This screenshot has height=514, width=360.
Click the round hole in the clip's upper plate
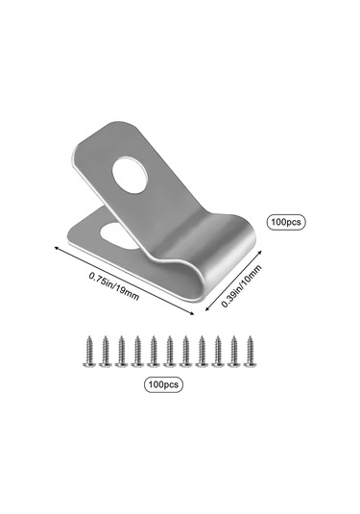tap(129, 175)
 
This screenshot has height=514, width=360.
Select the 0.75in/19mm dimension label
tap(114, 286)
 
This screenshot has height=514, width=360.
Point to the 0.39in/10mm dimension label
tap(242, 286)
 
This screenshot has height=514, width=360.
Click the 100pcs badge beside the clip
tap(286, 222)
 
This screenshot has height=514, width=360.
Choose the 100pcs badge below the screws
tap(163, 384)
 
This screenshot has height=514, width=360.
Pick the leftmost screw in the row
tap(88, 351)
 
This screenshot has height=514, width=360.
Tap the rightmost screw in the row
tap(250, 351)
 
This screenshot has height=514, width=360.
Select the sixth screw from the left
tap(169, 351)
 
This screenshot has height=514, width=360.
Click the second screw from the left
tap(105, 351)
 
